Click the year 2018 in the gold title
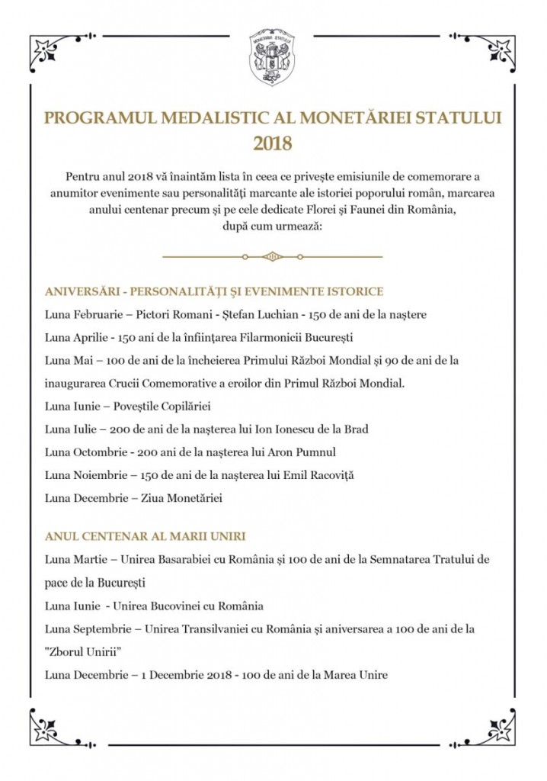[273, 143]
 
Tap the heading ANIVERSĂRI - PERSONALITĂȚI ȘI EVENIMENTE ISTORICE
[214, 291]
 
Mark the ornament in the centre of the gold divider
[272, 256]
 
